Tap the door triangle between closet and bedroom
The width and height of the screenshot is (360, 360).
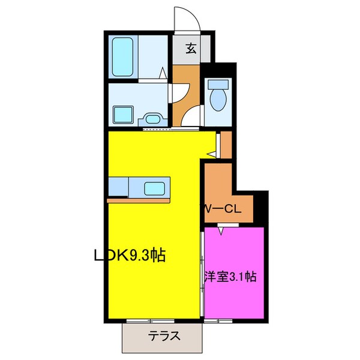point(221,229)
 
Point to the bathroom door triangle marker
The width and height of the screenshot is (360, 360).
point(162,74)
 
